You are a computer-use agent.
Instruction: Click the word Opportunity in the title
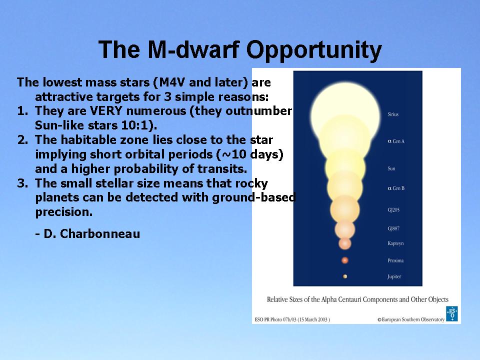314,50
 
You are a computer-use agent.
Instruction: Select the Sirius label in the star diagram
393,114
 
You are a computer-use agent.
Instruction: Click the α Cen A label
396,141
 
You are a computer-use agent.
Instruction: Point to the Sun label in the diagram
391,168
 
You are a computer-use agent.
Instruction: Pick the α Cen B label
396,188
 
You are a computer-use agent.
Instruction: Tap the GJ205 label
393,209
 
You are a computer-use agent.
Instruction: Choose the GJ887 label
393,228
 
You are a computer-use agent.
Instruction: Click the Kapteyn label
395,243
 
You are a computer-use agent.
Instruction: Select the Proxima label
395,260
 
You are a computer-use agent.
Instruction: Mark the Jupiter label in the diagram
394,276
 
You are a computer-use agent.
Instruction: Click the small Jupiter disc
345,276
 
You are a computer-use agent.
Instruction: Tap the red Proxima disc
345,260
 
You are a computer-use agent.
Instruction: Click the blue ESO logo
452,313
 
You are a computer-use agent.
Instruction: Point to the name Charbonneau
100,234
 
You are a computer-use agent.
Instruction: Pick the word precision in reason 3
63,212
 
